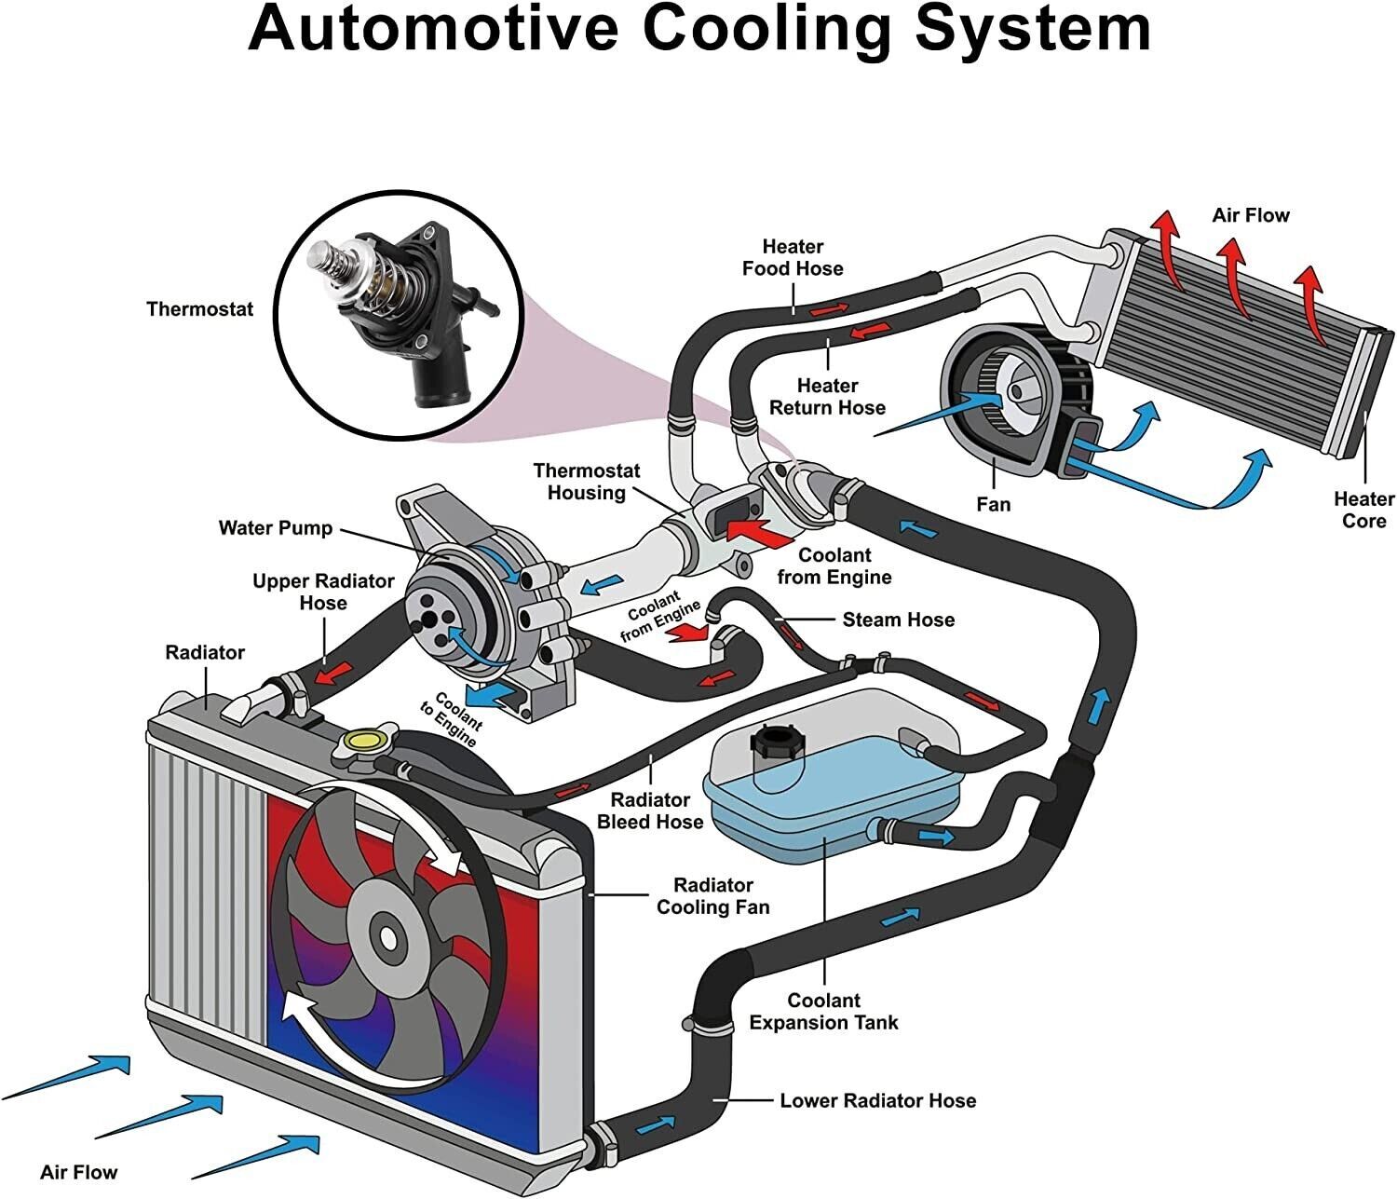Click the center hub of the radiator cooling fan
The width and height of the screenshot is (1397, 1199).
(x=386, y=931)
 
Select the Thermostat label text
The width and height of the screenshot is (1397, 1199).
(x=199, y=308)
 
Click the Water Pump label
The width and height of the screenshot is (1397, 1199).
(x=275, y=528)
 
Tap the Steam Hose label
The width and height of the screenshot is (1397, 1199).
(x=898, y=620)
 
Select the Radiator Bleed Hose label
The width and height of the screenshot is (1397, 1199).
(x=650, y=811)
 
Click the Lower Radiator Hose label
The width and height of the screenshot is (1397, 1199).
(x=877, y=1100)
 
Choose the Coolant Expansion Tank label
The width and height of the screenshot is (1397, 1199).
(x=823, y=1012)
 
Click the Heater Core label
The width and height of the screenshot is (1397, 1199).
(x=1363, y=510)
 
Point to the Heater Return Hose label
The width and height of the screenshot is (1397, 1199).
(x=827, y=396)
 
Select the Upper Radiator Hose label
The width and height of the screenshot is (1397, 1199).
(x=323, y=592)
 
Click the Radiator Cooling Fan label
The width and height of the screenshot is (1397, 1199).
(x=712, y=895)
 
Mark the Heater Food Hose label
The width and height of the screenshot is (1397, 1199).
(x=793, y=257)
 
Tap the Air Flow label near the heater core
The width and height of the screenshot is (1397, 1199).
(x=1250, y=215)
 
